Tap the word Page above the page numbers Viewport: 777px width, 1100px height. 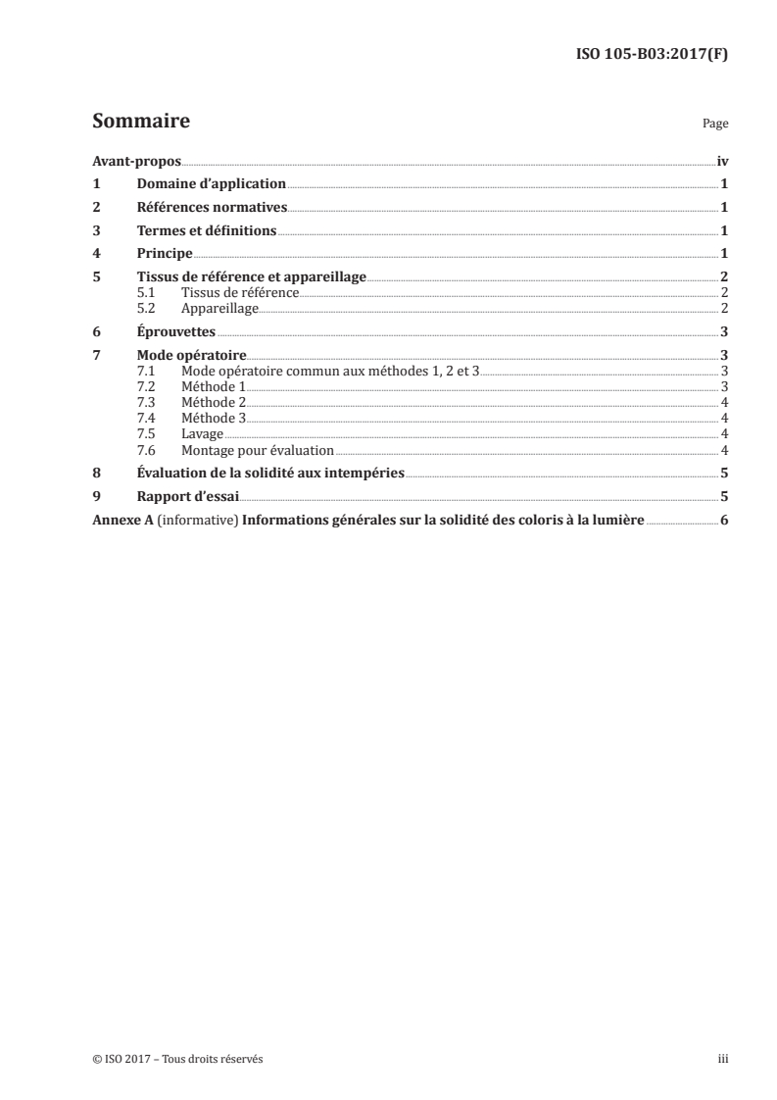coord(714,125)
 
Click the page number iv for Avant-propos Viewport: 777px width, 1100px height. coord(721,161)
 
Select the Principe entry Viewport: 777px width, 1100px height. coord(165,254)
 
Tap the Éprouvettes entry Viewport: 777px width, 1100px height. coord(176,331)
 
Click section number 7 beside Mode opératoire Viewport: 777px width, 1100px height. coord(96,355)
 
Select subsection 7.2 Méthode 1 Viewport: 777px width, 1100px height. coord(214,386)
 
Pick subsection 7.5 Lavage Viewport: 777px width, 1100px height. coord(203,432)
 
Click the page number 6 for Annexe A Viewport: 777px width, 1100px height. coord(723,520)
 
